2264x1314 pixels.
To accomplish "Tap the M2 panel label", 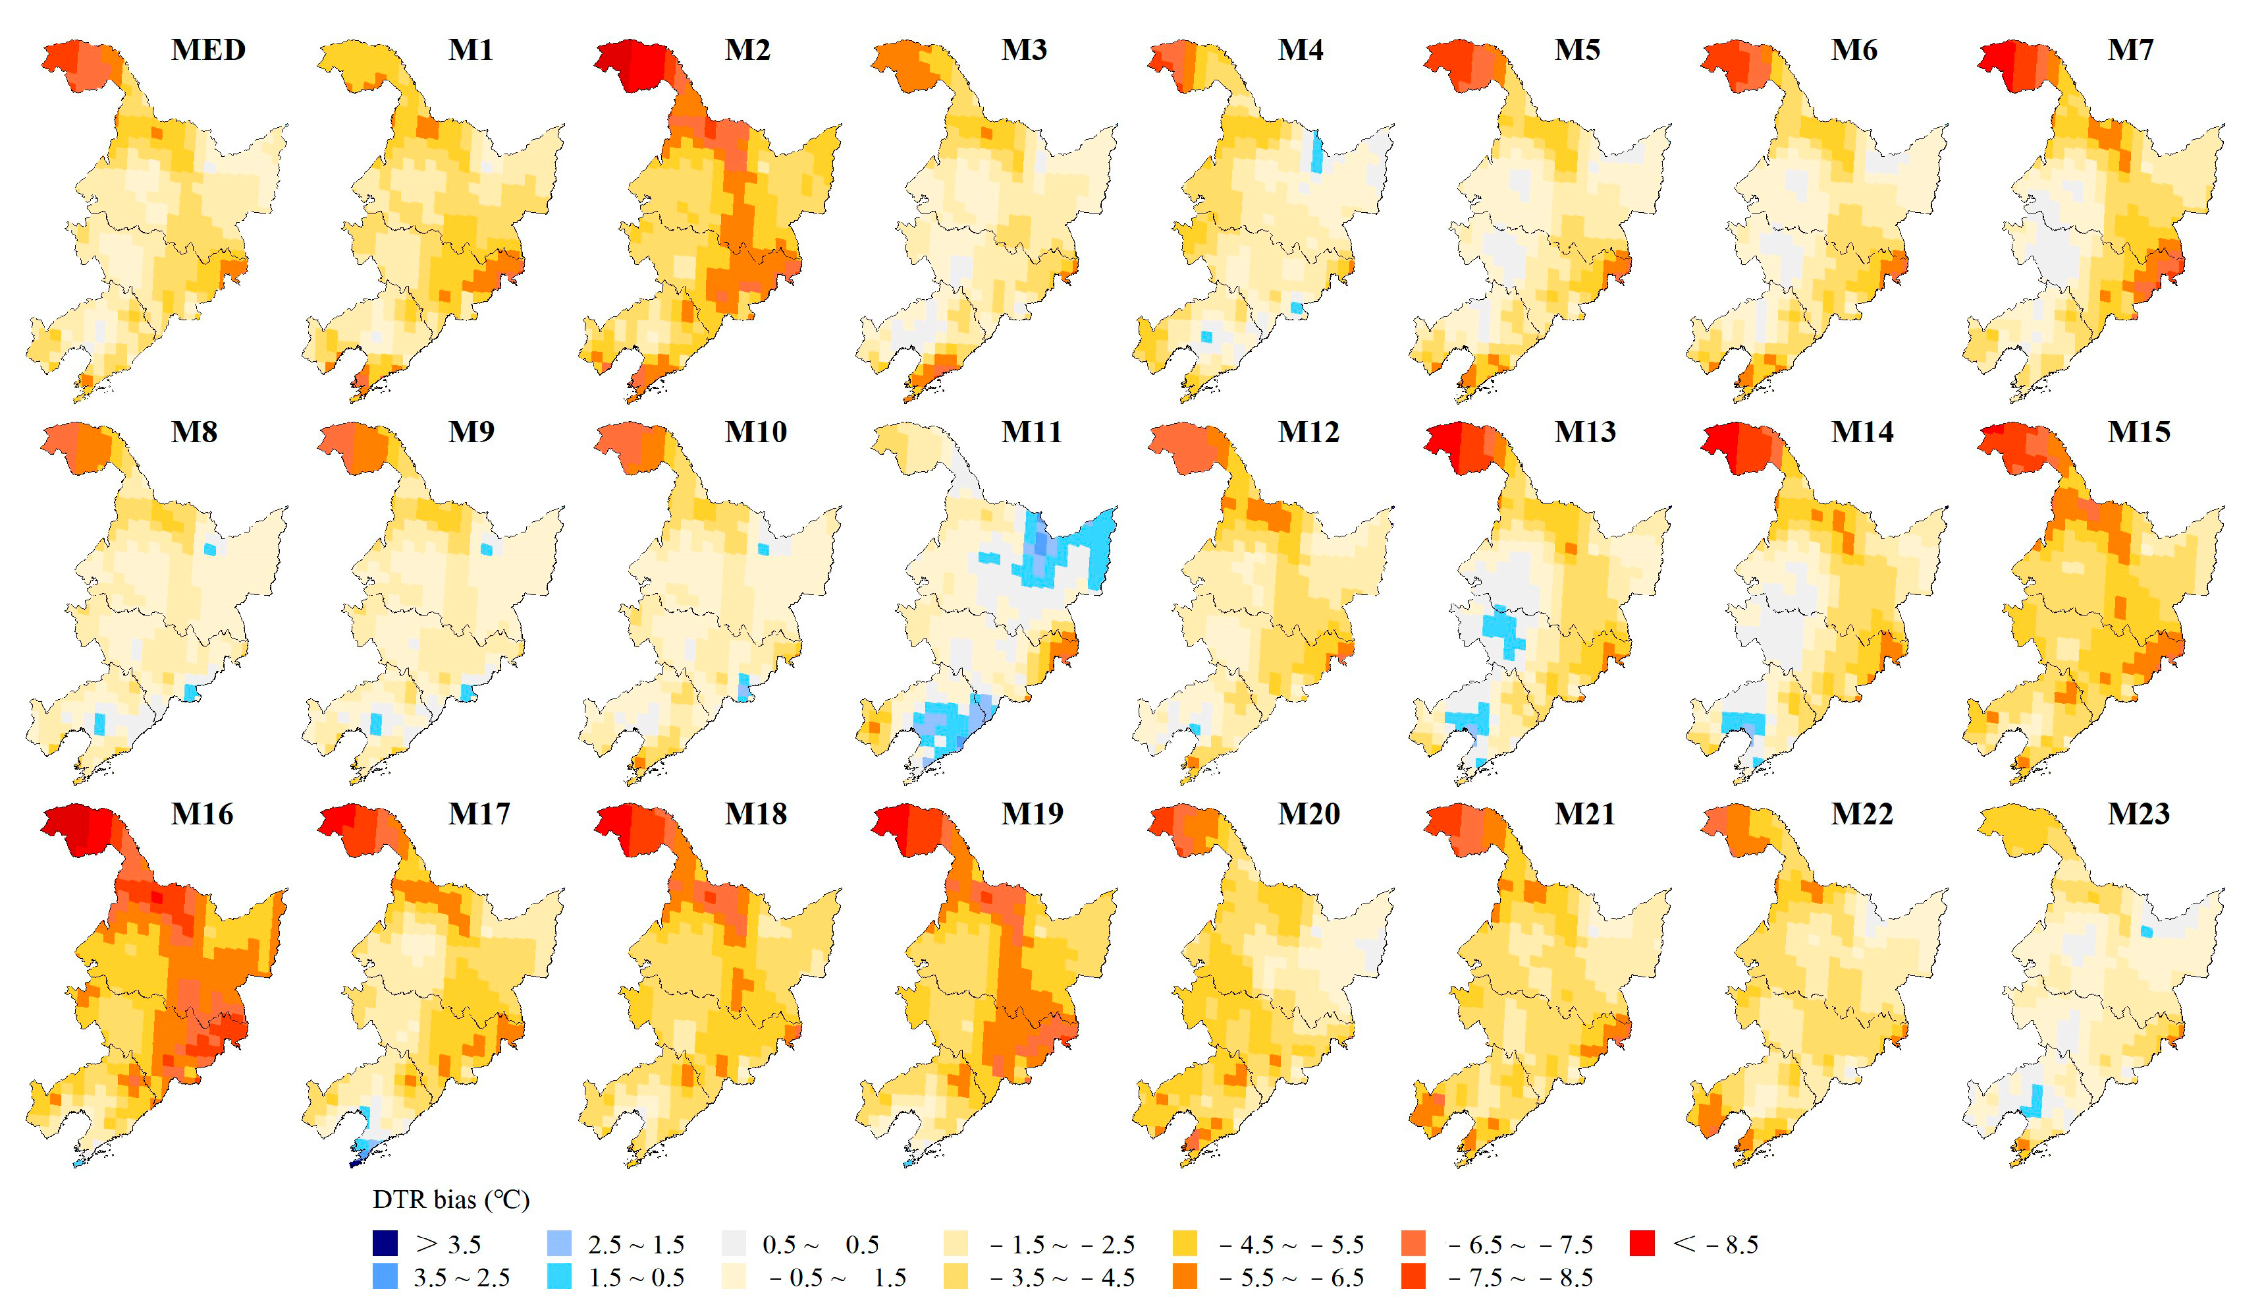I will click(747, 49).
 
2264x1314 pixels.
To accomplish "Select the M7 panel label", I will click(2130, 49).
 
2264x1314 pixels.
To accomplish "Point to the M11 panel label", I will click(1031, 432).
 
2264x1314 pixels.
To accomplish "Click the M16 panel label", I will click(202, 814).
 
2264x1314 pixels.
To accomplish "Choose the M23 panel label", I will click(2138, 814).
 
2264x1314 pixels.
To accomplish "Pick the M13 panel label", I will click(1585, 432).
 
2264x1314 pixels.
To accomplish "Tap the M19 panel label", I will click(1033, 814).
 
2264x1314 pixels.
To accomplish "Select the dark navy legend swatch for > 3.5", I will click(385, 1244).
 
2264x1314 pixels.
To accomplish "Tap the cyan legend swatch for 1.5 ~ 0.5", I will click(559, 1277).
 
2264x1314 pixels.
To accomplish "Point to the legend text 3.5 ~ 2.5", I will click(462, 1277).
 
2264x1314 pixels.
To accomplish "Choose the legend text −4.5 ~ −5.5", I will click(1291, 1245).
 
